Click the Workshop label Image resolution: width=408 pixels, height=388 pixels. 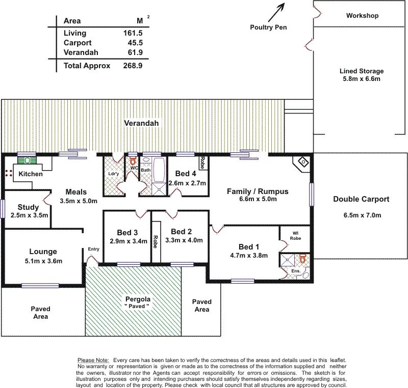pos(362,16)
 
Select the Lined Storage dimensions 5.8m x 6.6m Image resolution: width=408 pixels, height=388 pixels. pos(361,79)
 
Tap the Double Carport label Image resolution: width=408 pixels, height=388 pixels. pos(361,199)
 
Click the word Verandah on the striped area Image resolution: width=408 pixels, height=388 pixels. pos(142,123)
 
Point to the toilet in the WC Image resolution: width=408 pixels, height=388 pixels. pos(133,161)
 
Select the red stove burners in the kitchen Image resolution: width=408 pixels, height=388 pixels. pos(8,173)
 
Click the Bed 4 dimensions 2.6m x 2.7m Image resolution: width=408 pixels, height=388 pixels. pos(187,183)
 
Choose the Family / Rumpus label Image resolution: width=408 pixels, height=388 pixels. pos(258,191)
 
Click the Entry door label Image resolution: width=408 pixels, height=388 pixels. pos(94,249)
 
